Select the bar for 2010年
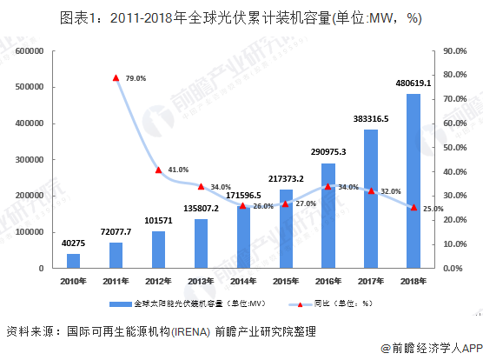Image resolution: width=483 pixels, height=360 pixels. (73, 261)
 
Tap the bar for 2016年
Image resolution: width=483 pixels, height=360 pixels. (328, 216)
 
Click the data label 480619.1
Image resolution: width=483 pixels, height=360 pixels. (414, 84)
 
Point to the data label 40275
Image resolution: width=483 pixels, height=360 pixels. (73, 244)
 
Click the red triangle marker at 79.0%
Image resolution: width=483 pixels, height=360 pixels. (116, 77)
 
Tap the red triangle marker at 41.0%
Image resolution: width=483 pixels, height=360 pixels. (158, 170)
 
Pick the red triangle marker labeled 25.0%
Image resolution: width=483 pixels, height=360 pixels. (414, 207)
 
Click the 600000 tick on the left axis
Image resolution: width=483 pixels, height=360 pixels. (29, 51)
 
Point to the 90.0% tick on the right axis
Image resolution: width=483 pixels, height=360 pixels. (457, 51)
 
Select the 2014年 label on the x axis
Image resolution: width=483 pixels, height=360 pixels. (243, 281)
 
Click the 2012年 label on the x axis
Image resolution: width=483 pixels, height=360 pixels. (158, 281)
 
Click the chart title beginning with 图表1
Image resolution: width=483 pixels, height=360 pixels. (241, 17)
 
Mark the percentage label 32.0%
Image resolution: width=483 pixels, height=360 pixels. (390, 191)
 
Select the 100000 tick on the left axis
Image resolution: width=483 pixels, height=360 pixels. (29, 233)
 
